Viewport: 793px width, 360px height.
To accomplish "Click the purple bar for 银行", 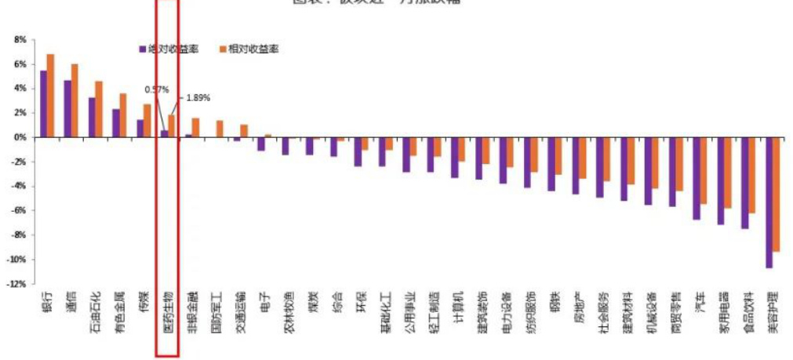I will tap(43, 104).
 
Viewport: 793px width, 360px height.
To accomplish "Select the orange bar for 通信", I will tap(75, 100).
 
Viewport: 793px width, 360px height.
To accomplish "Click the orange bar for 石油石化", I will tap(99, 109).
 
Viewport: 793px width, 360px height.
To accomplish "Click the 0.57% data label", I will tap(157, 89).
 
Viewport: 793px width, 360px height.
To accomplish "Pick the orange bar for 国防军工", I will tap(220, 129).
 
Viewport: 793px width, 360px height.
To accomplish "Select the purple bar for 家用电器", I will tap(720, 180).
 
